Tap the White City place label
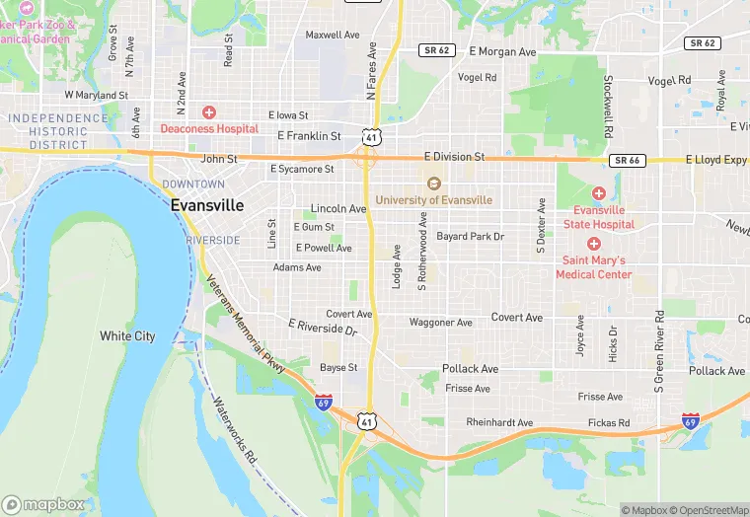click(127, 336)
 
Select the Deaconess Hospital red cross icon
click(208, 113)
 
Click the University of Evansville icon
click(432, 185)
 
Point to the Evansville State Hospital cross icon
click(599, 192)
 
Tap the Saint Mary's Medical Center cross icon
click(593, 244)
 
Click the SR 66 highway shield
click(626, 160)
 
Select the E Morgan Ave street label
click(502, 51)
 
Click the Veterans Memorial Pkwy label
click(245, 323)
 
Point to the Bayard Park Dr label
click(471, 237)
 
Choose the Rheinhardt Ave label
click(499, 422)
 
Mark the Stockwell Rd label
click(609, 107)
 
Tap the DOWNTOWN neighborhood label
click(193, 185)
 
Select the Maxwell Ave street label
click(333, 35)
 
